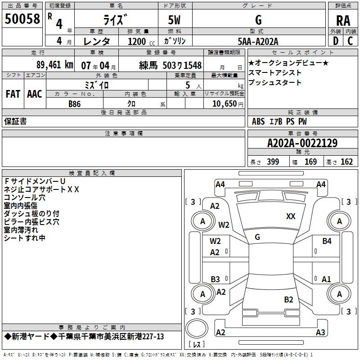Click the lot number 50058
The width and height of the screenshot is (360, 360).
click(22, 19)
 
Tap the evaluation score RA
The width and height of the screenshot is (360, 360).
click(342, 21)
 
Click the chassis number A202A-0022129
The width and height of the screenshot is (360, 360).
click(302, 144)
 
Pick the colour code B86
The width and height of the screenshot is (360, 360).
click(75, 103)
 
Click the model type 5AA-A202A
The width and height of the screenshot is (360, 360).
click(258, 41)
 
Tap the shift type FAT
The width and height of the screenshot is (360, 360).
click(13, 94)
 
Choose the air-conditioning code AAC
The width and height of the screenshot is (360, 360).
click(34, 94)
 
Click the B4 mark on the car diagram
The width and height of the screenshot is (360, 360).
click(327, 242)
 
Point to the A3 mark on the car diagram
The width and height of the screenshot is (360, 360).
click(320, 333)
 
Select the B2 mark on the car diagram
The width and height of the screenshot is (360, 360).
click(288, 300)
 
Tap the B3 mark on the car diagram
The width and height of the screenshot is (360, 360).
click(215, 279)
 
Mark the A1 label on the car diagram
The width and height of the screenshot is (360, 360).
click(326, 279)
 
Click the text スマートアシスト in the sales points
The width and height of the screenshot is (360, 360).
click(275, 73)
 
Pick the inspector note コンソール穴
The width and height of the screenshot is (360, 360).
click(25, 198)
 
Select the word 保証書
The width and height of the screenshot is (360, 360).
click(15, 121)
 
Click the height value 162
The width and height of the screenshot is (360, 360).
click(346, 162)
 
